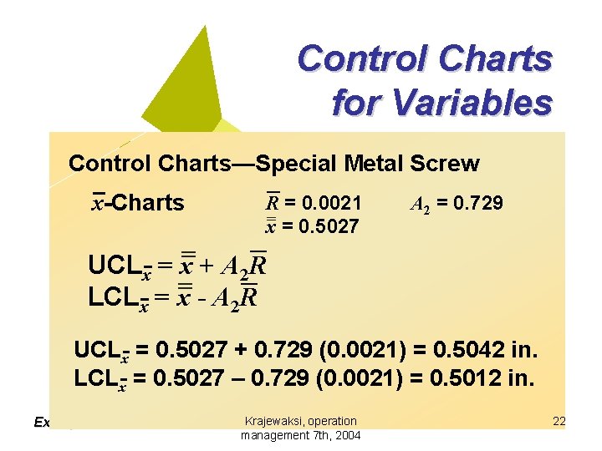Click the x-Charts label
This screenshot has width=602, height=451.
tap(138, 203)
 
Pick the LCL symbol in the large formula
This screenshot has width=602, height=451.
tap(114, 297)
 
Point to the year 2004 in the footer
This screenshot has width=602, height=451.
tap(347, 436)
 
